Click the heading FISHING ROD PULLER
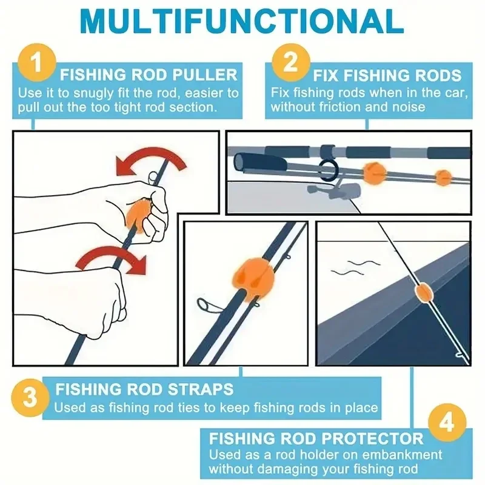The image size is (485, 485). click(149, 76)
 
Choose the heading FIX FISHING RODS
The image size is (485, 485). click(387, 76)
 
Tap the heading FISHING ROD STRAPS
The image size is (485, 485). click(144, 389)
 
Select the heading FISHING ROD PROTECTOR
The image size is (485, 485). click(316, 438)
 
